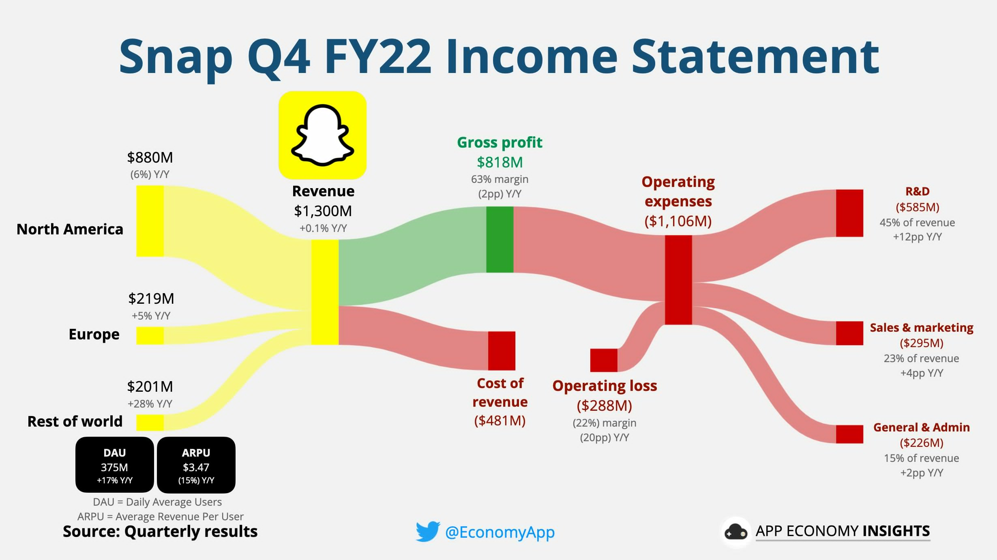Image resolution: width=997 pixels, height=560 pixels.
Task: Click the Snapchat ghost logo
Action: (322, 135)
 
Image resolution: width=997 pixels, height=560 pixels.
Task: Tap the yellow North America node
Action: (150, 221)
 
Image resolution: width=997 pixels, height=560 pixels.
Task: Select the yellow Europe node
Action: (150, 335)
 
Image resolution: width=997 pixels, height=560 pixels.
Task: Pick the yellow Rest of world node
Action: (150, 423)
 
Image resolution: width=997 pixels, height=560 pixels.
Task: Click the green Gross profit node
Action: (500, 239)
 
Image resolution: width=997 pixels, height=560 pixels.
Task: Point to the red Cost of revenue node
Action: (502, 351)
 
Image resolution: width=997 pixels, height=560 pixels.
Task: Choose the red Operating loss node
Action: (604, 360)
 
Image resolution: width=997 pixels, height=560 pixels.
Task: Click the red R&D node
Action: (849, 213)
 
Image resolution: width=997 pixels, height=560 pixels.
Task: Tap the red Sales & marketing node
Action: (849, 333)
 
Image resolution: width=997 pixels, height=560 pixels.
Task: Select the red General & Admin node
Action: (849, 434)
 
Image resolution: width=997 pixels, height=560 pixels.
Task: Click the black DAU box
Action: (115, 465)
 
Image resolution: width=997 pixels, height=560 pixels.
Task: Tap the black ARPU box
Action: (196, 465)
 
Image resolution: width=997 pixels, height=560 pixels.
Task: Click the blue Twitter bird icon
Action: (428, 531)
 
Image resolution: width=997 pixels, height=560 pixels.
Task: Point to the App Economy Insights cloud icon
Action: (736, 532)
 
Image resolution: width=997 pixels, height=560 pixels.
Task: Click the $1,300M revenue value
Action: (323, 211)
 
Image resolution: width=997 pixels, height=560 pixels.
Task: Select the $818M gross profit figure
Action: (500, 162)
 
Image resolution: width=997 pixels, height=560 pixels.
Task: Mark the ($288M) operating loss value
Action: (605, 405)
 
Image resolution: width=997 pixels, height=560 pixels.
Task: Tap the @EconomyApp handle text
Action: (500, 532)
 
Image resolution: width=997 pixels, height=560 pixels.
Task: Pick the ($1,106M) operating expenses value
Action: (678, 221)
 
